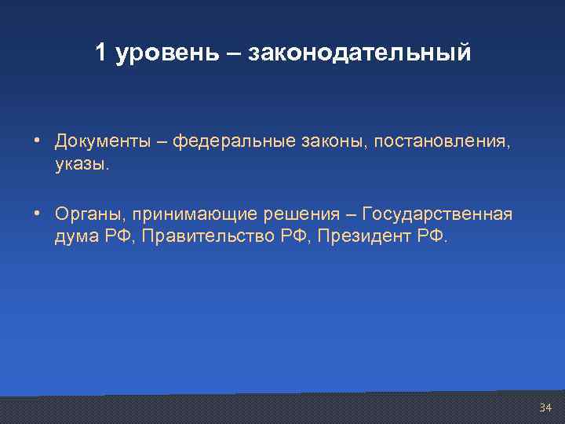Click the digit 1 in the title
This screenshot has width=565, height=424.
click(100, 53)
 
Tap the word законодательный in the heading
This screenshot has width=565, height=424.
click(360, 53)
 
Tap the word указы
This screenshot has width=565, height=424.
click(83, 165)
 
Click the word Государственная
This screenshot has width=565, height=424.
click(437, 215)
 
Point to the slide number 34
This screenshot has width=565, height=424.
click(545, 408)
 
